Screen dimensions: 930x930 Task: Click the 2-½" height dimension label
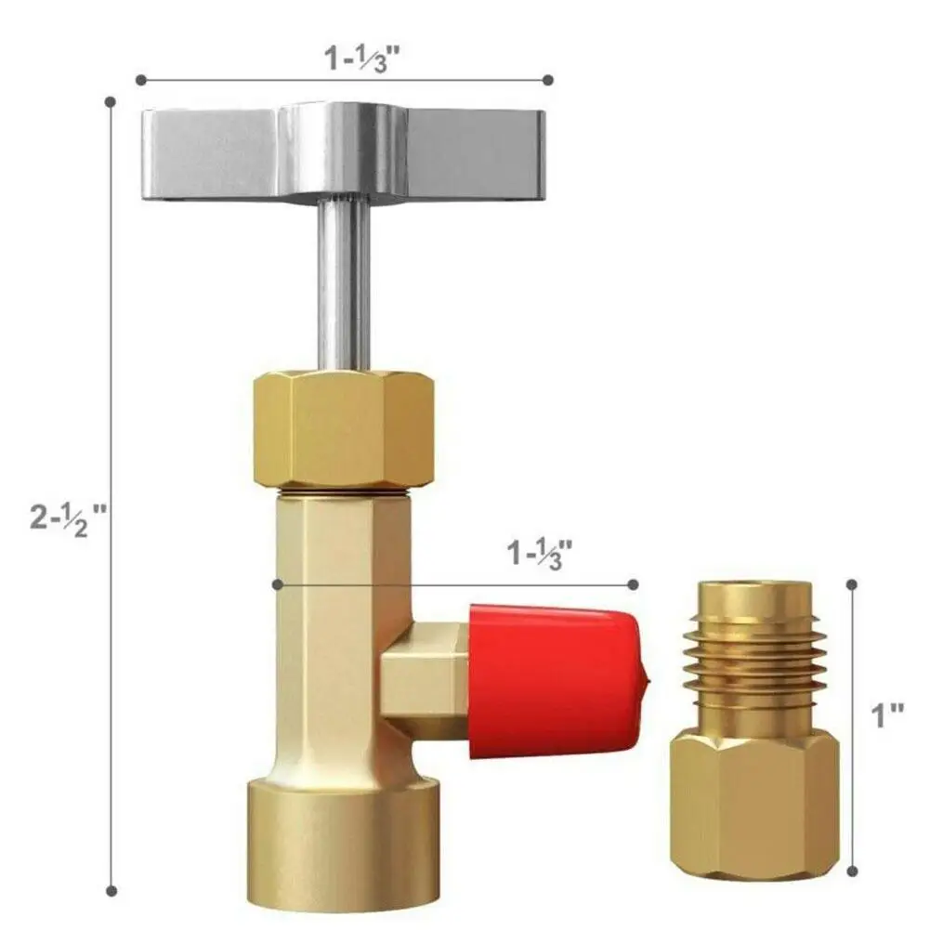click(69, 516)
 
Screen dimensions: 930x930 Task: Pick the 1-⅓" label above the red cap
click(539, 555)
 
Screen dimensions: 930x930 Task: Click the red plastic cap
click(554, 678)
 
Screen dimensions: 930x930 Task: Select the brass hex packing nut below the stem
click(344, 427)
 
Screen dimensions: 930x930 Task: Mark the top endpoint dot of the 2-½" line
click(111, 100)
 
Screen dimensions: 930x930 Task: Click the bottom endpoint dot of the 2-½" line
click(111, 891)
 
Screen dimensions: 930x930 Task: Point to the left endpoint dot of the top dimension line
click(140, 80)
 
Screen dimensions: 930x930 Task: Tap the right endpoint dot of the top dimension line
click(548, 80)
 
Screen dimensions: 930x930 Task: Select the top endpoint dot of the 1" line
click(851, 584)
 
